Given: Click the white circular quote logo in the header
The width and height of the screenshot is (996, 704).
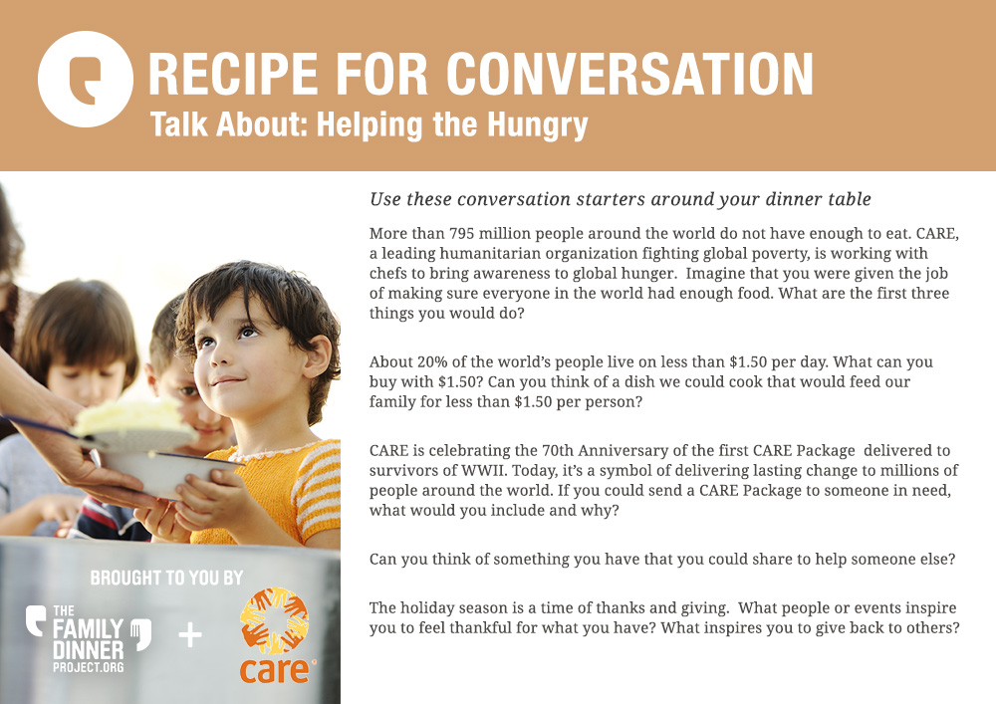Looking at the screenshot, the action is tap(85, 79).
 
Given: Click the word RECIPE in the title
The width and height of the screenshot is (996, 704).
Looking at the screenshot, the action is tap(233, 75).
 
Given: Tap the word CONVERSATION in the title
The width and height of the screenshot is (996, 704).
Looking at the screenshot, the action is tap(629, 75).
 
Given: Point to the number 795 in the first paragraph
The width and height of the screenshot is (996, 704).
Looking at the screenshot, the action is tap(462, 234).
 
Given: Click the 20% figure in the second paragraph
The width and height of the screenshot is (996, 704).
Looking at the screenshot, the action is tap(432, 361).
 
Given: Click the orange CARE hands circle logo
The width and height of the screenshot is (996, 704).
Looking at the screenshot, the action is tap(275, 621).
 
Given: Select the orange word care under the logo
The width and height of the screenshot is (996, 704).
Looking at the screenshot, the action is tap(276, 670).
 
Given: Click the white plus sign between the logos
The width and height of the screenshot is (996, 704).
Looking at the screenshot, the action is tap(190, 635).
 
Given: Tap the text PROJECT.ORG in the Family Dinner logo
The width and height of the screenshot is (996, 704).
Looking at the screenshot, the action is tap(89, 667).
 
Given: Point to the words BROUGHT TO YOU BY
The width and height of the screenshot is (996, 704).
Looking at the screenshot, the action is tap(166, 578).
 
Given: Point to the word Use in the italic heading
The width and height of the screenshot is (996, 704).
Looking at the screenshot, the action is tap(384, 199).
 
